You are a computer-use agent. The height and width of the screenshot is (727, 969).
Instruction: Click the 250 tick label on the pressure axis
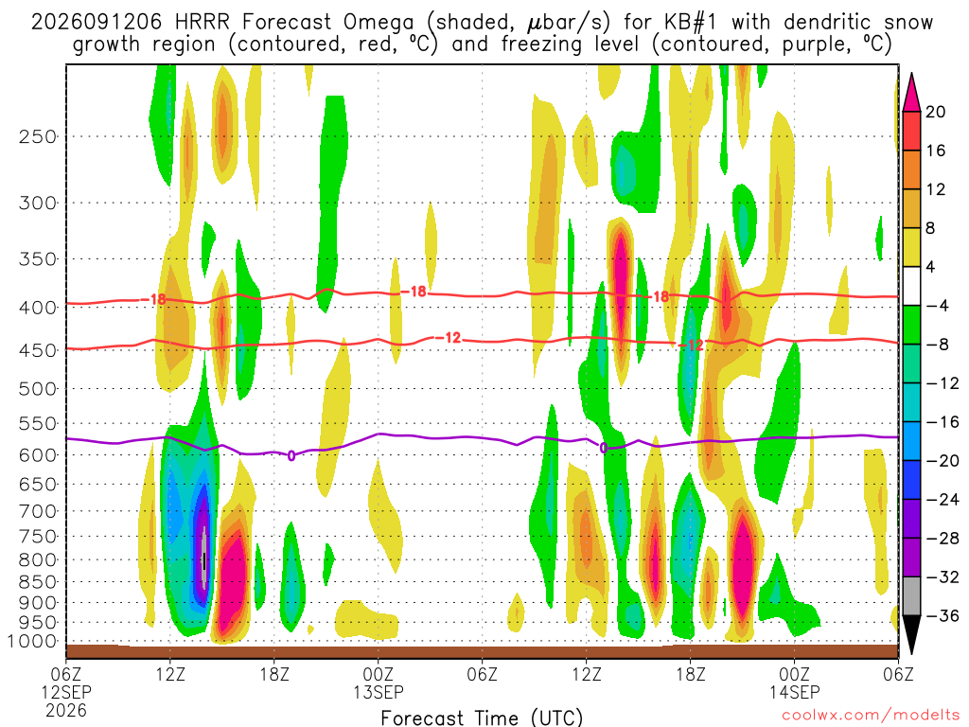point(38,136)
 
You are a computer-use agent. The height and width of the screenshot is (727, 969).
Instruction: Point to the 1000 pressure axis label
point(31,642)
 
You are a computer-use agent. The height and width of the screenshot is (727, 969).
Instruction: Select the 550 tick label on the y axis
point(38,423)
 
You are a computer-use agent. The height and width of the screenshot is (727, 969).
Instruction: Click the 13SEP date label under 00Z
point(379,692)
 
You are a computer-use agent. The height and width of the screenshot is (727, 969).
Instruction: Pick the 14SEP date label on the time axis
point(794,692)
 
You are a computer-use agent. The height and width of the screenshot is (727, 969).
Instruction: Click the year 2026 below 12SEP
point(66,710)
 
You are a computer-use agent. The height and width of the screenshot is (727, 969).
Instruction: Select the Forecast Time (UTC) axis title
point(482,718)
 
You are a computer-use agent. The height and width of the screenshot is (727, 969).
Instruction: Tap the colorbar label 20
point(935,112)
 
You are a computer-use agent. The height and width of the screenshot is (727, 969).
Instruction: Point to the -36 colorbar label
point(942,615)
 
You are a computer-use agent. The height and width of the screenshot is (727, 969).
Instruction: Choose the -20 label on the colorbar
point(942,461)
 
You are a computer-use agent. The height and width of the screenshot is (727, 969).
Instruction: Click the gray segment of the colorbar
point(911,596)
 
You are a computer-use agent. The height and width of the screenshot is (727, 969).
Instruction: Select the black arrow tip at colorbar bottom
point(911,653)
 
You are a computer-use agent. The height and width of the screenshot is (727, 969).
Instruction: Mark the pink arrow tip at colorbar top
point(911,74)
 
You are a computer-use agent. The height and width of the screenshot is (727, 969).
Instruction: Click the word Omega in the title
point(379,23)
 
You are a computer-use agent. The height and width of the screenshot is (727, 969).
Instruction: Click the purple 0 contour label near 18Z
point(291,455)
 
